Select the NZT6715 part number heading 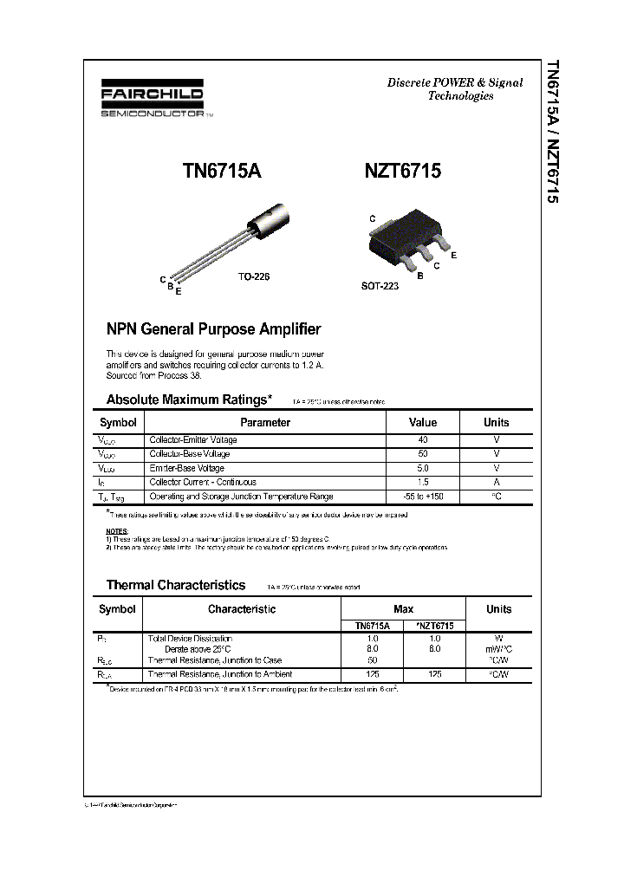pyautogui.click(x=401, y=172)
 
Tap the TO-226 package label pyautogui.click(x=254, y=276)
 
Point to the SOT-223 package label pyautogui.click(x=380, y=285)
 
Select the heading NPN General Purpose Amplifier pyautogui.click(x=213, y=329)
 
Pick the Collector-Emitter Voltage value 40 pyautogui.click(x=423, y=440)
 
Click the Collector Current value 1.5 pyautogui.click(x=423, y=482)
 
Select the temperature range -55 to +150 pyautogui.click(x=423, y=497)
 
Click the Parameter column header pyautogui.click(x=265, y=423)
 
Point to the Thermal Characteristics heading pyautogui.click(x=175, y=585)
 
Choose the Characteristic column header pyautogui.click(x=242, y=609)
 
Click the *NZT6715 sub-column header pyautogui.click(x=435, y=625)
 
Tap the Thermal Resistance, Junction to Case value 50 pyautogui.click(x=373, y=660)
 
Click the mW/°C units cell pyautogui.click(x=498, y=648)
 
